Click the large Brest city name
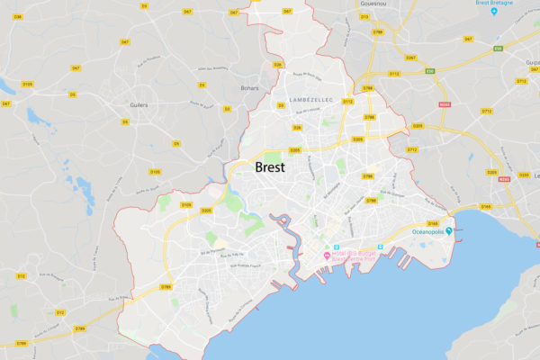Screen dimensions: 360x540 (x=270, y=168)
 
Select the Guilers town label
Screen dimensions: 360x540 (x=139, y=104)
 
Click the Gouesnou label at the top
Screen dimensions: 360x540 (x=362, y=4)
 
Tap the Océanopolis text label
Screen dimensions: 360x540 (x=433, y=232)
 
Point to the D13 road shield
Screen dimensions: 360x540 (x=364, y=16)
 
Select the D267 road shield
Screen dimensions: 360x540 (x=410, y=58)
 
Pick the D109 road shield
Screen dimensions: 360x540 (x=185, y=205)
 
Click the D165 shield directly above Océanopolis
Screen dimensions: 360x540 (x=433, y=222)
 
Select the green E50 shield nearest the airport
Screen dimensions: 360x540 (x=498, y=48)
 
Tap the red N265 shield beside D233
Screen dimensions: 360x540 (x=503, y=178)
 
